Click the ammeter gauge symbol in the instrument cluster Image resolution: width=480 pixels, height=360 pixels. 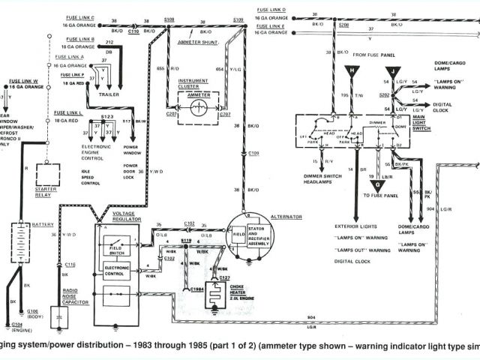tap(199, 108)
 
